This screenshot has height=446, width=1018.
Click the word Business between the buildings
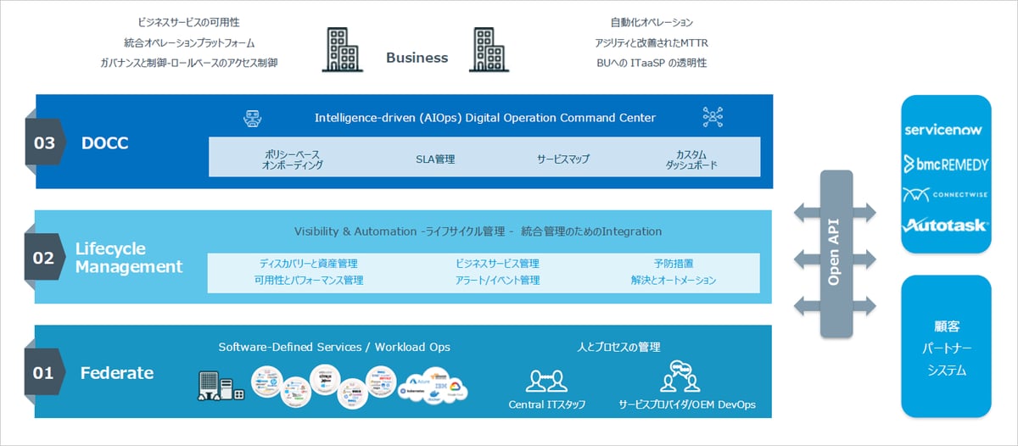pyautogui.click(x=417, y=58)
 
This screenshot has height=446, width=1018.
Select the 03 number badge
pyautogui.click(x=44, y=142)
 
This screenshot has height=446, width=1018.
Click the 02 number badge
pyautogui.click(x=44, y=257)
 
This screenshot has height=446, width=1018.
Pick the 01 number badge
pyautogui.click(x=43, y=372)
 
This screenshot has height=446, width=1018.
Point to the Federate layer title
pyautogui.click(x=117, y=372)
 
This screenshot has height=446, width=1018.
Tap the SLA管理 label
pyautogui.click(x=435, y=159)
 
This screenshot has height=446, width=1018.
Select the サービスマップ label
pyautogui.click(x=562, y=159)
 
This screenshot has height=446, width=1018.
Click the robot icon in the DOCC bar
pyautogui.click(x=251, y=118)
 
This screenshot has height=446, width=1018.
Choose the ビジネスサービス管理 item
pyautogui.click(x=497, y=264)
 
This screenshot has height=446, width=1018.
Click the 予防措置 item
pyautogui.click(x=674, y=264)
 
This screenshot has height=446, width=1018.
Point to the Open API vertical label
pyautogui.click(x=834, y=254)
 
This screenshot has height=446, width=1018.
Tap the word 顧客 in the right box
pyautogui.click(x=946, y=326)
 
